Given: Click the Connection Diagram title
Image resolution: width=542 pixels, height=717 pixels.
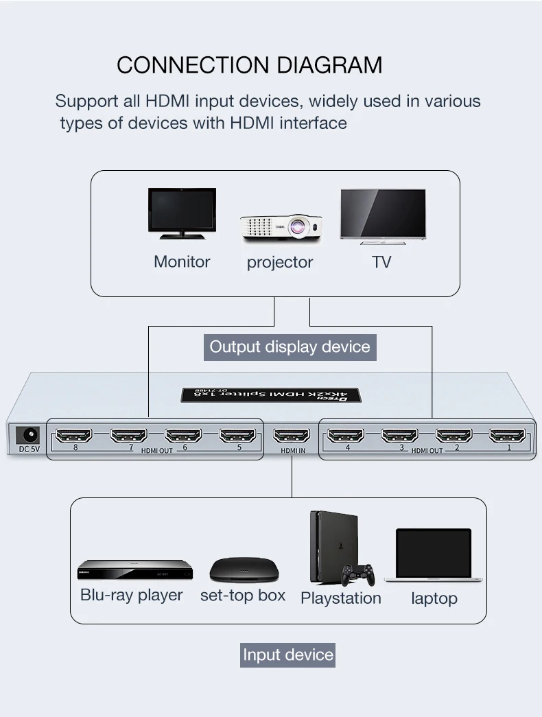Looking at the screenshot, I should [249, 65].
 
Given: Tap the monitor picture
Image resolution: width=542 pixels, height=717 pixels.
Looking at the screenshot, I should [182, 213].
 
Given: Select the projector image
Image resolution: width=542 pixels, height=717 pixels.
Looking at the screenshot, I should [280, 227].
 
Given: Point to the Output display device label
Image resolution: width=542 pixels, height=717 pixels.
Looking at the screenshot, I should [290, 346].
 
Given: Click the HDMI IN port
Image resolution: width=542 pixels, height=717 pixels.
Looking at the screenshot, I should [292, 435].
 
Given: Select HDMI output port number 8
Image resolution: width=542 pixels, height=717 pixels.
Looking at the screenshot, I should [73, 435].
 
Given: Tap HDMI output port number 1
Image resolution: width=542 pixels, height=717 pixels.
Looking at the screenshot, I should [508, 435].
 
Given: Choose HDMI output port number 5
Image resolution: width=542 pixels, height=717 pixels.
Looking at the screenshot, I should [237, 435].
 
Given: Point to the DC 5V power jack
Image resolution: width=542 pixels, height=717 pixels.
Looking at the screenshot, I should [28, 435].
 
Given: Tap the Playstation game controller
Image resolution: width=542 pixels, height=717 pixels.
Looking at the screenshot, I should [358, 573].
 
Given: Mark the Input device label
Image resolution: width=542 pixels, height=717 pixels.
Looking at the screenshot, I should [288, 655].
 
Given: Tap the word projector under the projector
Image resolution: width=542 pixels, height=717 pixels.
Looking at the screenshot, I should [279, 262].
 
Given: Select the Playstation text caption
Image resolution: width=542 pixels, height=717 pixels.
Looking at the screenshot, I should [340, 598].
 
